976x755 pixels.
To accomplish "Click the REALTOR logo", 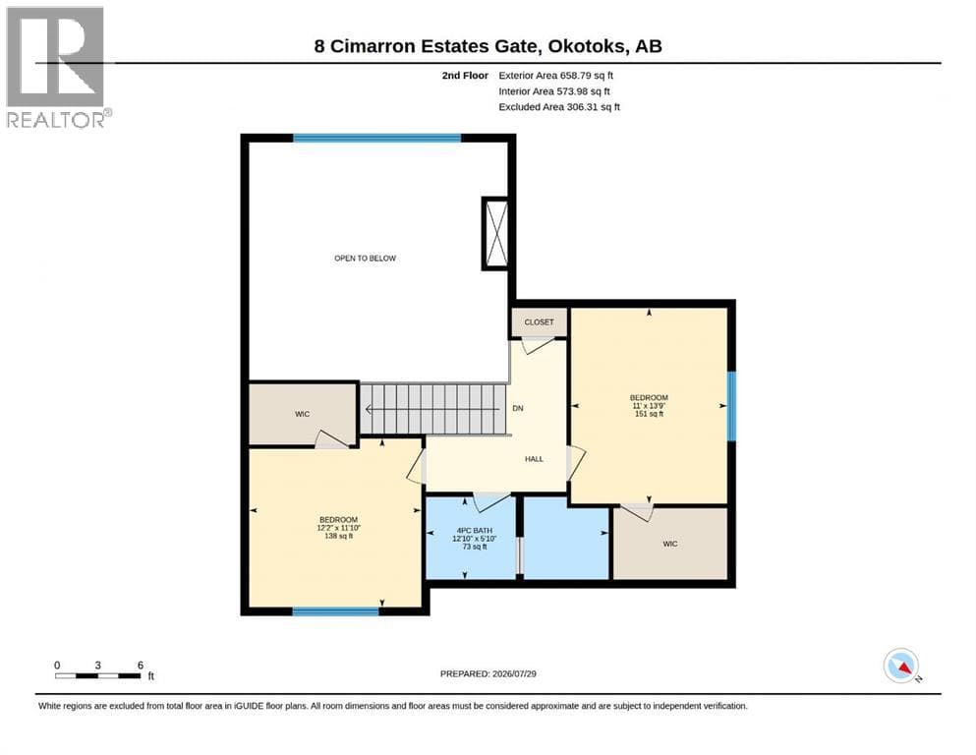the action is (x=59, y=67).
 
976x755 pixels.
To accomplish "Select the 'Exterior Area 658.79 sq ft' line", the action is (x=556, y=76).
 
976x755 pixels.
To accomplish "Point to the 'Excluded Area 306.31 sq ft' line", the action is (x=559, y=107).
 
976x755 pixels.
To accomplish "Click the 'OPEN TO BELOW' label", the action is (x=366, y=259).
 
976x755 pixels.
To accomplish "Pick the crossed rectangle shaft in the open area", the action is (x=496, y=233).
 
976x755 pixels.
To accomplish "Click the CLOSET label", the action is (x=539, y=322).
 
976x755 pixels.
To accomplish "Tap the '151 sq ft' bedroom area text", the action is (x=650, y=414).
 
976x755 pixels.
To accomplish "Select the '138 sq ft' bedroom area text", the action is (x=339, y=536).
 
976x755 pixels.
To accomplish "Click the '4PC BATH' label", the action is (x=475, y=531).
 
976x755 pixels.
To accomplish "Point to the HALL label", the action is (x=534, y=459).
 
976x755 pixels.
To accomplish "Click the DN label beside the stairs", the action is (x=518, y=408).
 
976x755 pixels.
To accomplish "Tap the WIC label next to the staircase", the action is (x=303, y=414).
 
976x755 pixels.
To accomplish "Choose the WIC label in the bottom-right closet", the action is (x=670, y=544).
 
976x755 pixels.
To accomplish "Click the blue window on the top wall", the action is (x=377, y=139).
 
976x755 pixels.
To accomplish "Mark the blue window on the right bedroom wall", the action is (x=732, y=406).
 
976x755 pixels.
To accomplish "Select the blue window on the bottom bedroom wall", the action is (x=335, y=611).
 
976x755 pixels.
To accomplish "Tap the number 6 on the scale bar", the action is (x=141, y=666).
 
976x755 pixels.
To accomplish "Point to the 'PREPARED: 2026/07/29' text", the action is (x=488, y=673).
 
